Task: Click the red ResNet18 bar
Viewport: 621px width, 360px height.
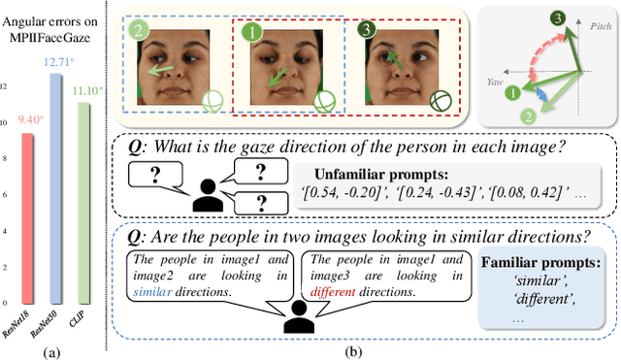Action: (28, 214)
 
